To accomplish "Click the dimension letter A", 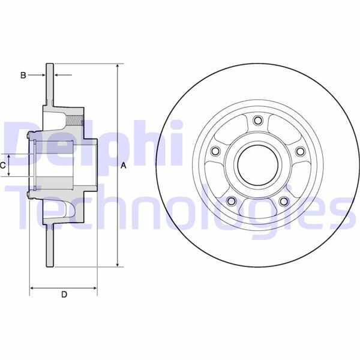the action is pyautogui.click(x=124, y=166).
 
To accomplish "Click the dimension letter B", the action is pyautogui.click(x=23, y=75).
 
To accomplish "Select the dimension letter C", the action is pyautogui.click(x=2, y=166).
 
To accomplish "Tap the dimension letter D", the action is pyautogui.click(x=64, y=295).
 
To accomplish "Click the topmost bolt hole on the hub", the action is pyautogui.click(x=258, y=120).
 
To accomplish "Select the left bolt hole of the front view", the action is pyautogui.click(x=215, y=151).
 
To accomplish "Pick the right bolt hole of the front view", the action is pyautogui.click(x=301, y=151).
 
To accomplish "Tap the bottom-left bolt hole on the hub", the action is pyautogui.click(x=231, y=201).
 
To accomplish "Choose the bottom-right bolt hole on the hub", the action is pyautogui.click(x=284, y=202).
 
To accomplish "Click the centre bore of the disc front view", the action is pyautogui.click(x=258, y=166).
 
